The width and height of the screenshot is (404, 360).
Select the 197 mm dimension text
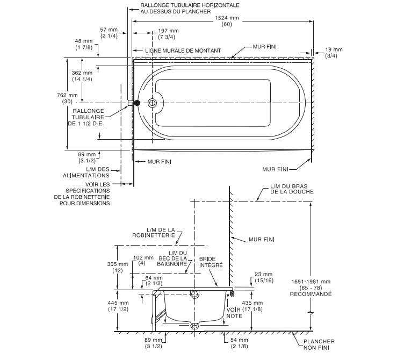pyautogui.click(x=170, y=31)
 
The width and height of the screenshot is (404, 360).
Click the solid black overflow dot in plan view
pyautogui.click(x=137, y=102)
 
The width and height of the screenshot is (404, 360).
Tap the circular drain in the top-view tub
pyautogui.click(x=153, y=102)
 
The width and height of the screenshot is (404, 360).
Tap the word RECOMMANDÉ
pyautogui.click(x=311, y=294)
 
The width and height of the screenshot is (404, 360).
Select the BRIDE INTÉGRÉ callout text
pyautogui.click(x=211, y=262)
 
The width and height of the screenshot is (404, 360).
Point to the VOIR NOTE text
pyautogui.click(x=234, y=314)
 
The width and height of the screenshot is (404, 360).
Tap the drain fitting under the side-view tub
pyautogui.click(x=195, y=326)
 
